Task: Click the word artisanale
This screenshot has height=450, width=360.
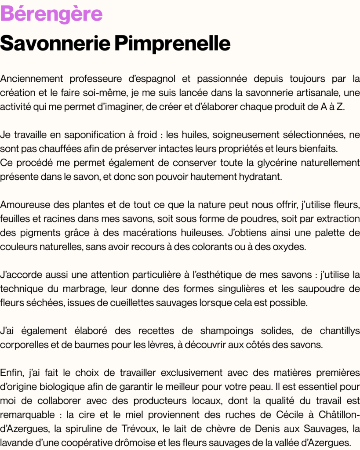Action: coord(315,93)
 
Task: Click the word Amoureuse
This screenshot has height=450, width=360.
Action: coord(25,204)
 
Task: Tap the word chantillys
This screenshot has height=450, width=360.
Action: coord(340,330)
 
